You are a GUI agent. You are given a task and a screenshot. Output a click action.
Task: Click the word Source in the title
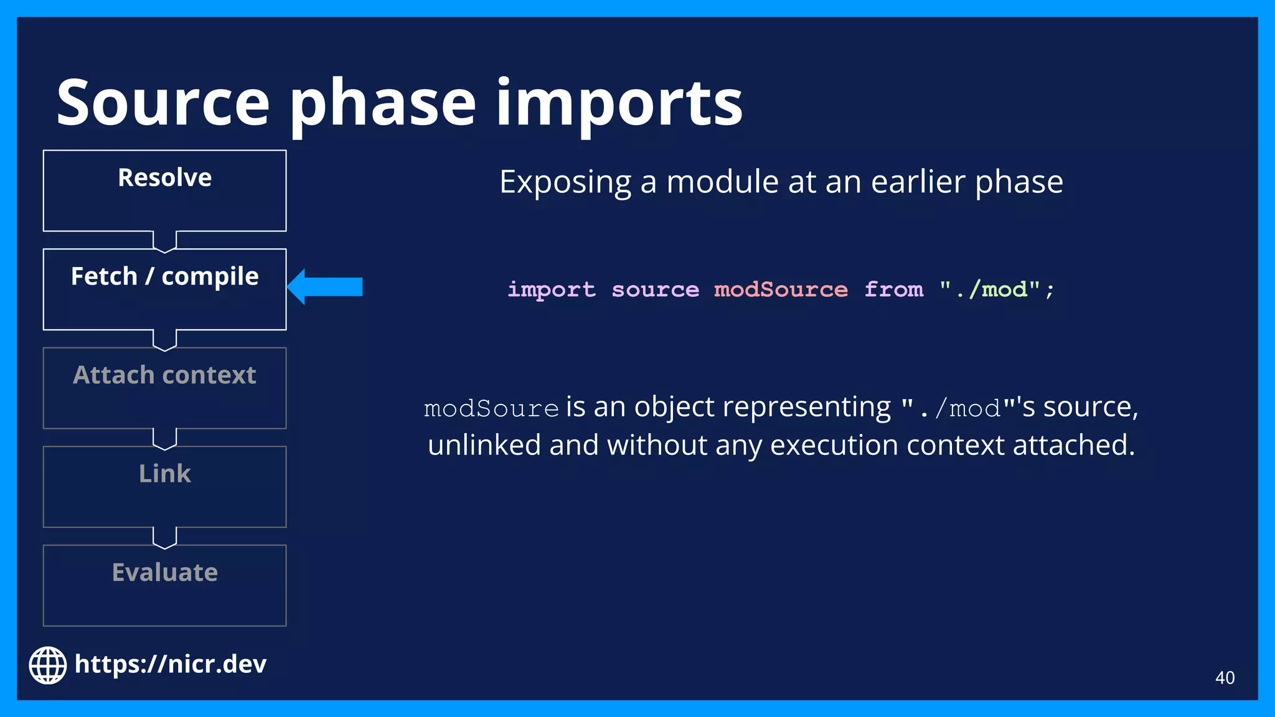tap(163, 103)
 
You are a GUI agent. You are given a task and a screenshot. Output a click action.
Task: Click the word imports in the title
tap(619, 103)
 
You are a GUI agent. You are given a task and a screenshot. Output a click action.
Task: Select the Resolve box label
tap(165, 178)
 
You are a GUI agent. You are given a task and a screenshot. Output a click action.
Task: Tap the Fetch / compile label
tap(165, 276)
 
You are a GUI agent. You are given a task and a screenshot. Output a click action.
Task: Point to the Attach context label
tap(165, 375)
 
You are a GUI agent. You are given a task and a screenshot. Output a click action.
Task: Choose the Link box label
tap(165, 474)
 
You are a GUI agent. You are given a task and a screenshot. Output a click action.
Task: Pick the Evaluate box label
tap(165, 573)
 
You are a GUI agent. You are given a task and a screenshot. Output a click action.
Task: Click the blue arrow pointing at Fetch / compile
tap(327, 287)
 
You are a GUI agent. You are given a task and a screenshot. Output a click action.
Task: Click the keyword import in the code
tap(552, 289)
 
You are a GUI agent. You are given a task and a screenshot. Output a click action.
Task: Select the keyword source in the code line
tap(655, 289)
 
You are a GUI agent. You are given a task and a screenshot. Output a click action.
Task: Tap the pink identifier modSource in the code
tap(781, 289)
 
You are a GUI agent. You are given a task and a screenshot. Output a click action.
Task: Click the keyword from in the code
tap(894, 289)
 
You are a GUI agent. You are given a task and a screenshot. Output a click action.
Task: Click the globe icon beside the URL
tap(48, 665)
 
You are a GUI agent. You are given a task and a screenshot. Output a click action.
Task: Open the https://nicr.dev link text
tap(171, 665)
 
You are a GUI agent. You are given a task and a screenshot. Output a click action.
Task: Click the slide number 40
tap(1225, 678)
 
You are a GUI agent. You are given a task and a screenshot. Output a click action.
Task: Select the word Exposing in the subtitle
tap(565, 182)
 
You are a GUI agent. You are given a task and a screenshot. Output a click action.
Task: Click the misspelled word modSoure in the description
tap(491, 409)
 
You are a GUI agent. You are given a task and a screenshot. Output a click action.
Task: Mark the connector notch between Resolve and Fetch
tap(165, 241)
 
